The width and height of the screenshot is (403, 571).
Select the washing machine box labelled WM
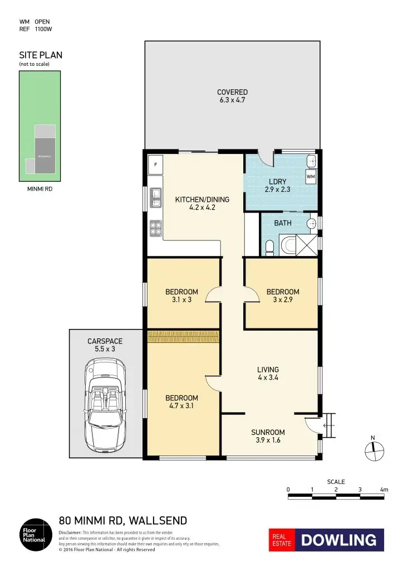point(310,177)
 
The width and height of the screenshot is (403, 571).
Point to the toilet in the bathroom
point(269,246)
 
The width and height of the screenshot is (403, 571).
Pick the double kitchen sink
point(156,198)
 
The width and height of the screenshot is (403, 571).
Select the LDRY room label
point(277,181)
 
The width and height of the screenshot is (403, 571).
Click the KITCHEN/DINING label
point(202,200)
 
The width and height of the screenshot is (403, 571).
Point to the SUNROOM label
point(268,432)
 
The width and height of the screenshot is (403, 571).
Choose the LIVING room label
point(268,369)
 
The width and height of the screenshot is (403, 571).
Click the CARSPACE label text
point(105,341)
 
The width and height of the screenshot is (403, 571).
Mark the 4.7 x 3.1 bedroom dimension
point(181,406)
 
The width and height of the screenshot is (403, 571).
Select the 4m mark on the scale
point(384,490)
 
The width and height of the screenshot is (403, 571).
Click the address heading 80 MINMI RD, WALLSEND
point(123,521)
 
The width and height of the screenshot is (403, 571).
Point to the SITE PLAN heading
point(41,55)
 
